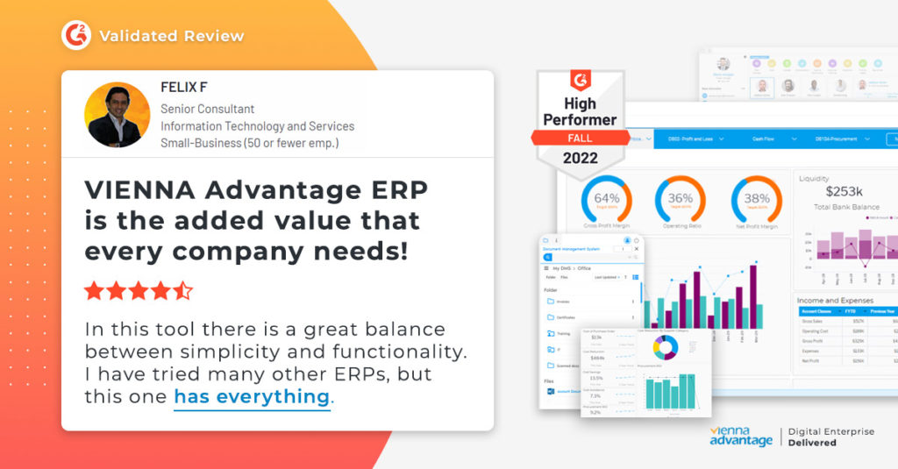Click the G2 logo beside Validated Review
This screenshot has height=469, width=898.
[76, 36]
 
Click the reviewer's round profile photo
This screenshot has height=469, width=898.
[117, 115]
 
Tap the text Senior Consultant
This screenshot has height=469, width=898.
[207, 109]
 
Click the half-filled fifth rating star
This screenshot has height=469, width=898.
[182, 291]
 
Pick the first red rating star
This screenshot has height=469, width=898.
[93, 291]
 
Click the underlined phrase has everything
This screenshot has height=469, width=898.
[252, 396]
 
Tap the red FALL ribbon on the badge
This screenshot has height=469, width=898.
[580, 138]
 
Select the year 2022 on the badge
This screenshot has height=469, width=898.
[580, 159]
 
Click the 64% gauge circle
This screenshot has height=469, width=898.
[606, 199]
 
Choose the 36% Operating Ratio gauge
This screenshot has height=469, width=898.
[680, 199]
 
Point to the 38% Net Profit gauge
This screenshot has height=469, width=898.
[756, 199]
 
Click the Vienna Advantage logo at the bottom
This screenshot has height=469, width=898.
[740, 437]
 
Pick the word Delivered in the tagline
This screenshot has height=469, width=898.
[812, 443]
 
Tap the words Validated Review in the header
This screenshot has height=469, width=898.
[171, 36]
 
